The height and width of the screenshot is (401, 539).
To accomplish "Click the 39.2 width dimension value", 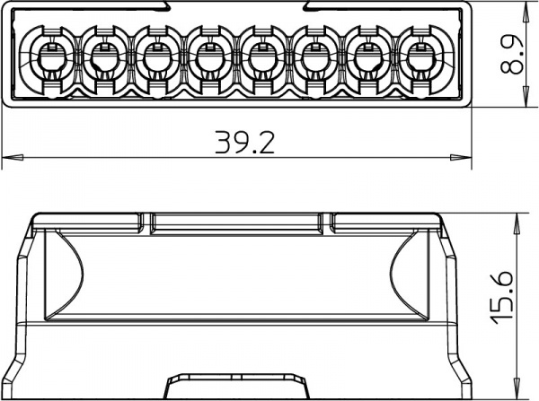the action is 244,142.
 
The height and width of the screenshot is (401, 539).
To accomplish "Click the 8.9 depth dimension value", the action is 511,55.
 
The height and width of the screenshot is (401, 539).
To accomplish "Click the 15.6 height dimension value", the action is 502,298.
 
